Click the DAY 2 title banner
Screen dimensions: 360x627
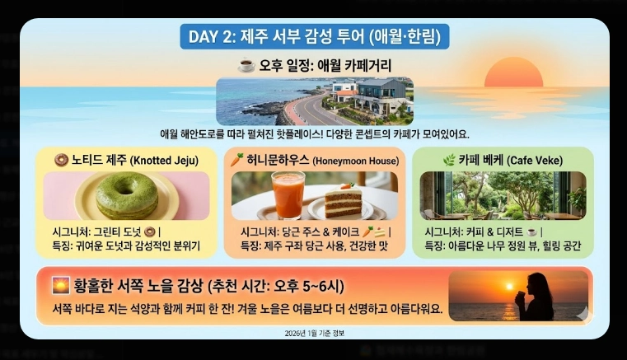click(x=314, y=37)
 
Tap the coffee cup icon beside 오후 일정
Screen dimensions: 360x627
click(x=246, y=65)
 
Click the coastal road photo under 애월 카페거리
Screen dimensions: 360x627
click(x=314, y=101)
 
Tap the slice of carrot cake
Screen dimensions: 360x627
click(x=340, y=200)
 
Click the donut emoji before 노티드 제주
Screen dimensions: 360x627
click(x=60, y=159)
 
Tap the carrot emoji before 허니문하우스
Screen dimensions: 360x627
click(x=237, y=158)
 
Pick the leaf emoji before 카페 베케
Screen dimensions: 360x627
click(x=426, y=159)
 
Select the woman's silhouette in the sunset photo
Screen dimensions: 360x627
click(x=540, y=296)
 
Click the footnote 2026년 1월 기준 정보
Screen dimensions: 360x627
click(x=314, y=332)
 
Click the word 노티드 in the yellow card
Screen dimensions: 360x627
click(x=89, y=159)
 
